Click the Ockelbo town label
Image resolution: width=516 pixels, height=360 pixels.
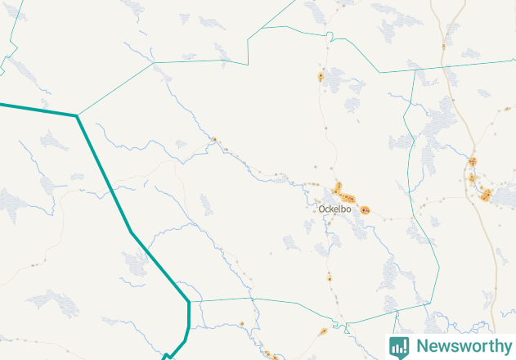(334, 209)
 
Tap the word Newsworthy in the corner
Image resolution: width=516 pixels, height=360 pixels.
(463, 346)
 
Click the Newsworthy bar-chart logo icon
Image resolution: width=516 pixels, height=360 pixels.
(399, 346)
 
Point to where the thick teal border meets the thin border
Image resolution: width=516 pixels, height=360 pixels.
(77, 116)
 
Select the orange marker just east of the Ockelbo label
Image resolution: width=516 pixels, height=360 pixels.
(365, 210)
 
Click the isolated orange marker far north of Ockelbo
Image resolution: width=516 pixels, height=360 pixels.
(321, 78)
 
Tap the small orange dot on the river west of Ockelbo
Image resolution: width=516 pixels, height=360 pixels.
(214, 140)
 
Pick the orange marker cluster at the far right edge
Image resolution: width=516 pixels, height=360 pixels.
(487, 195)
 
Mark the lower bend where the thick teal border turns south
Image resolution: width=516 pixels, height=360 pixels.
(189, 302)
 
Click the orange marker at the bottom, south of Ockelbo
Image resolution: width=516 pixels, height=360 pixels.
(324, 332)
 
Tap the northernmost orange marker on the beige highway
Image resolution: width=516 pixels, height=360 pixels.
(473, 160)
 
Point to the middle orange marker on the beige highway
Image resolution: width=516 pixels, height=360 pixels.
(472, 178)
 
